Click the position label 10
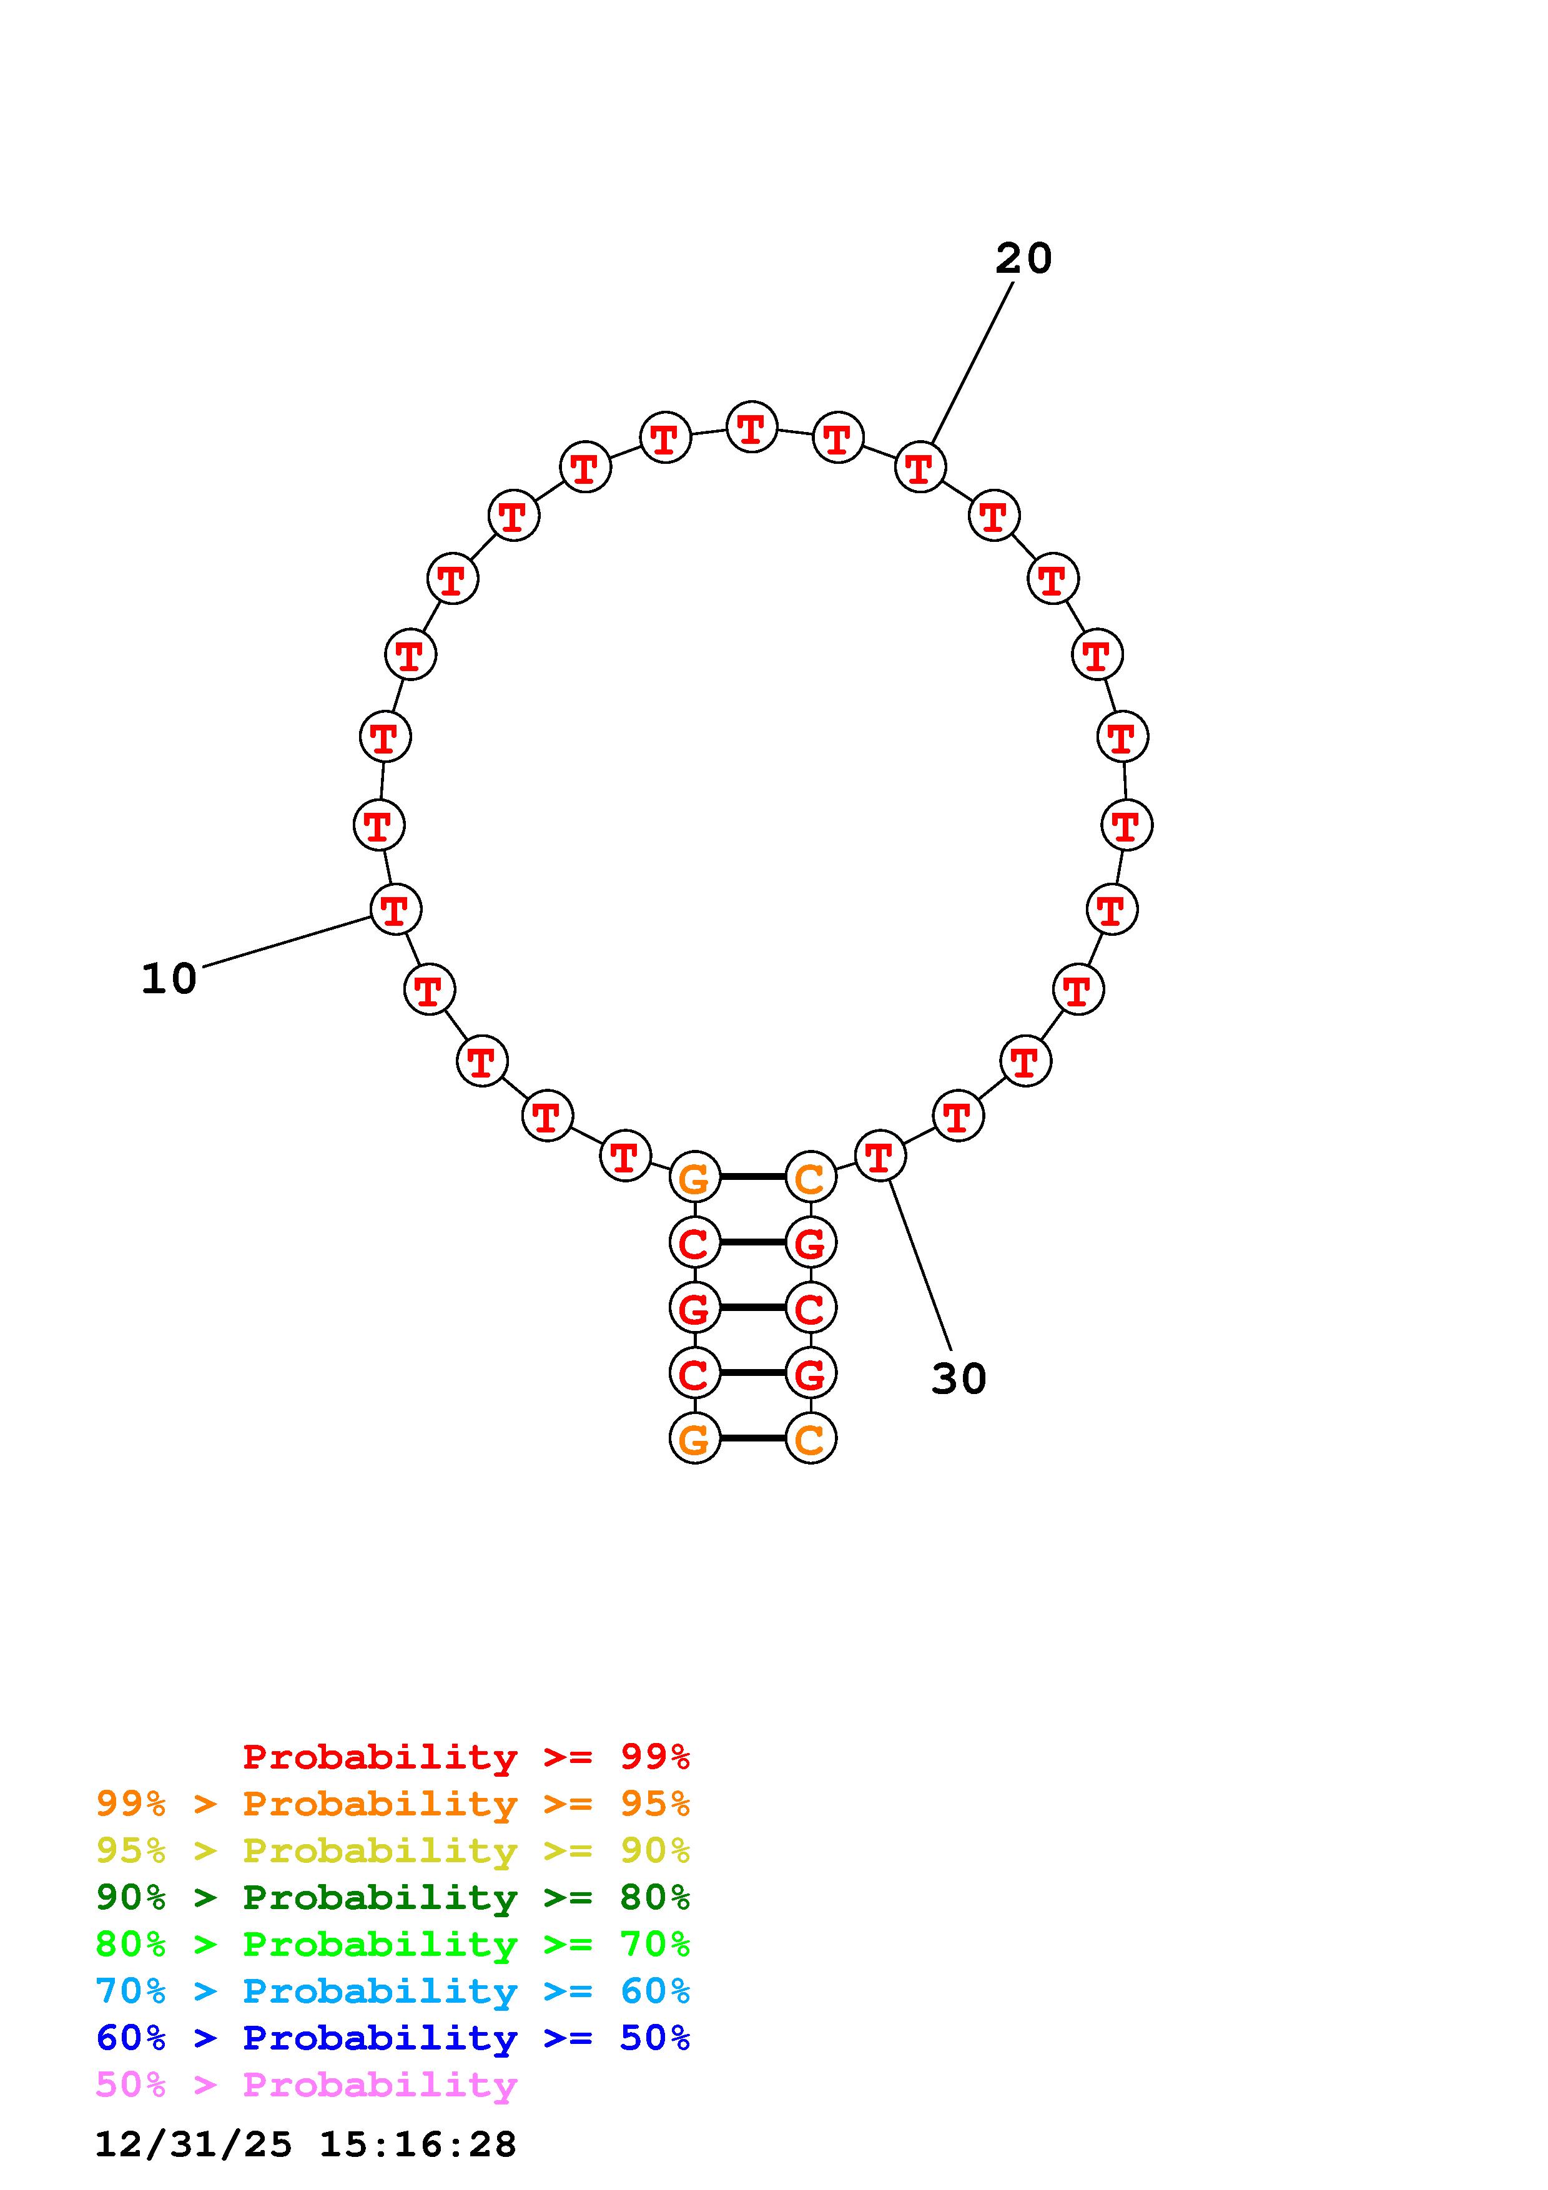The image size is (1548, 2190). point(169,980)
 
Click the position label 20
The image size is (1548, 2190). point(1023,258)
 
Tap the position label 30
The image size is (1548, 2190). point(959,1379)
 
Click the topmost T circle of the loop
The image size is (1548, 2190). point(752,427)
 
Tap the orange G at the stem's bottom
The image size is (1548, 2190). point(695,1438)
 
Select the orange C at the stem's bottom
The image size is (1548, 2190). point(811,1438)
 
